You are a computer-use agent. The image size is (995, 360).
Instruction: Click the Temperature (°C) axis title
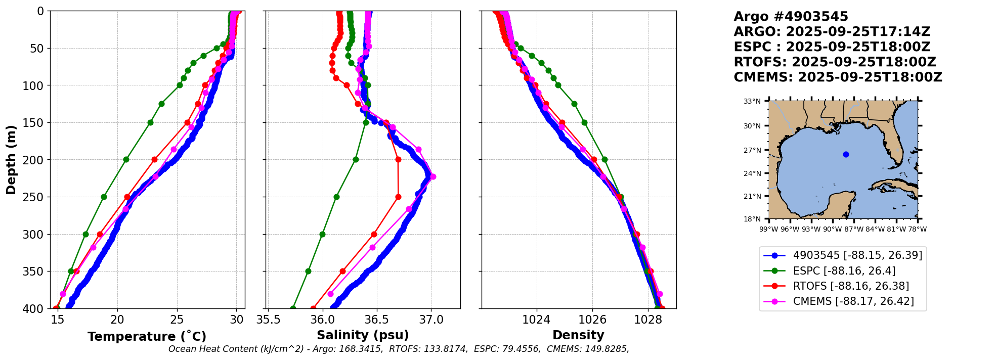147,337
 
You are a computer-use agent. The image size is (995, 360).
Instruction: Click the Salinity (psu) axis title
363,335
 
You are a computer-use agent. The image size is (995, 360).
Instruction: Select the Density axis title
578,335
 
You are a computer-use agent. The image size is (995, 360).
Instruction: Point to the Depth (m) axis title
11,160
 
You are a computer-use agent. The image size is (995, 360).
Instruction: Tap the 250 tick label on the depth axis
36,197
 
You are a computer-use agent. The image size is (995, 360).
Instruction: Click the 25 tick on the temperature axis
177,320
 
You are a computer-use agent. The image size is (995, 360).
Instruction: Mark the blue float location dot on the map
846,154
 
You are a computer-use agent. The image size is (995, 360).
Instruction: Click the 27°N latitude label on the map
752,150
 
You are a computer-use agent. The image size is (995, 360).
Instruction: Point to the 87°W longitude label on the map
853,229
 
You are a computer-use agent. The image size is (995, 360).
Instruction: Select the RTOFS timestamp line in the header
835,62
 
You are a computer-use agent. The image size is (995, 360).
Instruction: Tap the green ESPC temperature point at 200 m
126,160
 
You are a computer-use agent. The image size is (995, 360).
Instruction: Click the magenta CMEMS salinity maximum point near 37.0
433,176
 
